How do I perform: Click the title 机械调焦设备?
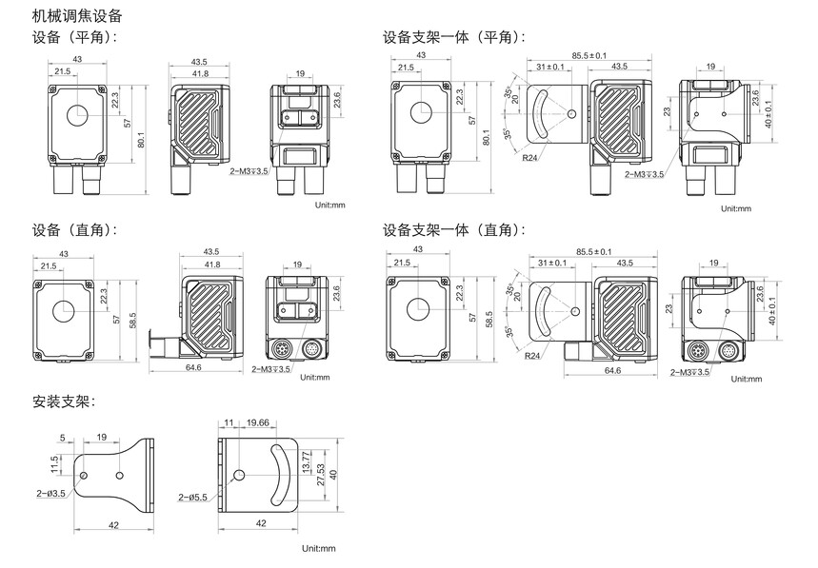(77, 16)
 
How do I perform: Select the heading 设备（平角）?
(74, 37)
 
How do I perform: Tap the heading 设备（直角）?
(74, 230)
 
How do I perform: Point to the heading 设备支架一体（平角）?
(454, 37)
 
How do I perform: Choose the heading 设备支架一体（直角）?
(454, 230)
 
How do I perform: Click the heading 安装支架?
(64, 402)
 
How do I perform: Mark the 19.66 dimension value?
(258, 422)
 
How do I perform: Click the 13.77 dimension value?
(307, 461)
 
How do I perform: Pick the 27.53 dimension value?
(321, 475)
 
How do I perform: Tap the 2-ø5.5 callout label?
(192, 498)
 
